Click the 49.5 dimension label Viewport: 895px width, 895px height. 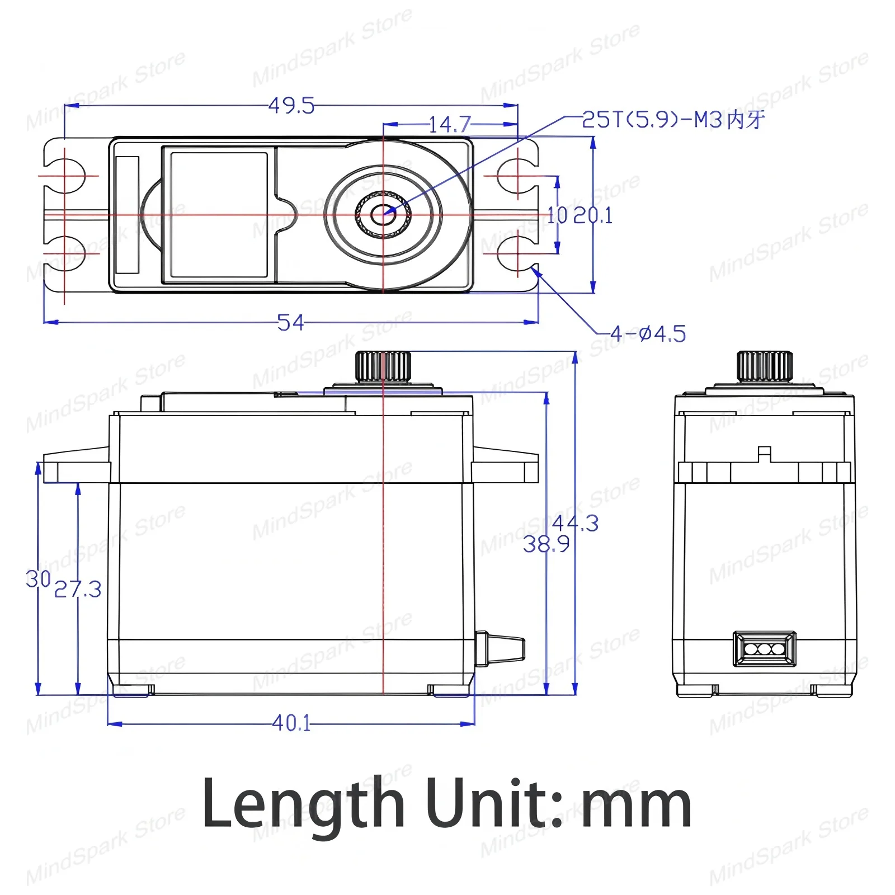[291, 106]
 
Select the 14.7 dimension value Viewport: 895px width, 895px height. [450, 124]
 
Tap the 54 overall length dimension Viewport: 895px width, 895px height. [291, 323]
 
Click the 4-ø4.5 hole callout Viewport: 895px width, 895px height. [648, 335]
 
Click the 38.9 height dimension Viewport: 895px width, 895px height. [546, 544]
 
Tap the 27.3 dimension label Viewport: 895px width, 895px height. [78, 590]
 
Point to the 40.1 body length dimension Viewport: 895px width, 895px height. [291, 723]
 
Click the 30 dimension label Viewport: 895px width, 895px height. [38, 580]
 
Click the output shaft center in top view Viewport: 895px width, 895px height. [383, 214]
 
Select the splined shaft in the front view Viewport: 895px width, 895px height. [383, 366]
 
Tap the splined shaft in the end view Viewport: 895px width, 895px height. [765, 366]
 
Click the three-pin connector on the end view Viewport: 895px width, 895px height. [765, 649]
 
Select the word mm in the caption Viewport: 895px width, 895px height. [637, 805]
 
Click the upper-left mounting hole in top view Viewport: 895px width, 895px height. [65, 175]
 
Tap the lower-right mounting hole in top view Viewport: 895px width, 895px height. [518, 253]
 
